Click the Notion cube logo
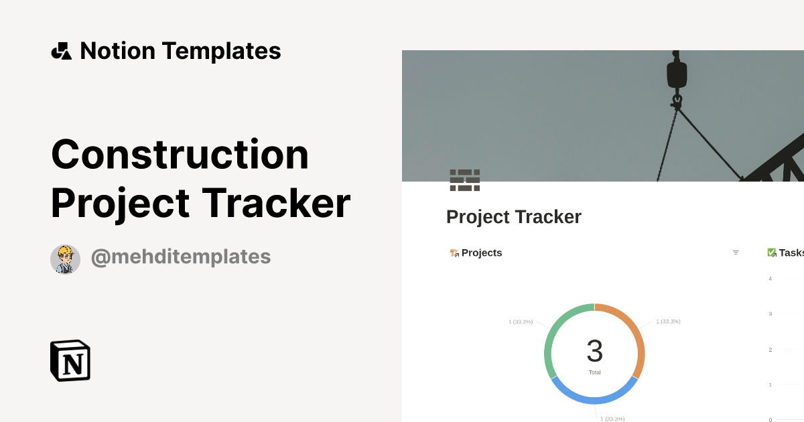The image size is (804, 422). (x=70, y=360)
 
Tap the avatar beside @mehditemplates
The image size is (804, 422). (x=65, y=259)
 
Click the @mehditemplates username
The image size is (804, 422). (x=181, y=257)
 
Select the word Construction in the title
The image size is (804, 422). (x=180, y=154)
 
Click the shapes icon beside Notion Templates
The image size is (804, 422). (x=61, y=51)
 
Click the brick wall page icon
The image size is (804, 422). (x=464, y=180)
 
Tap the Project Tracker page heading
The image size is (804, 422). (x=513, y=217)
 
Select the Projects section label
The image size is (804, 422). (x=481, y=253)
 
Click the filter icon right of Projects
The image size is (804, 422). (x=736, y=253)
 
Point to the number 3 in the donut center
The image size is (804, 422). (x=594, y=351)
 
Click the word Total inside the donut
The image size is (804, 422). (x=594, y=372)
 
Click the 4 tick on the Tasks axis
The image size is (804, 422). (x=770, y=279)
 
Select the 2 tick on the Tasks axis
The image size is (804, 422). (x=770, y=350)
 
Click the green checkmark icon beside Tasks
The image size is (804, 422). (x=771, y=253)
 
